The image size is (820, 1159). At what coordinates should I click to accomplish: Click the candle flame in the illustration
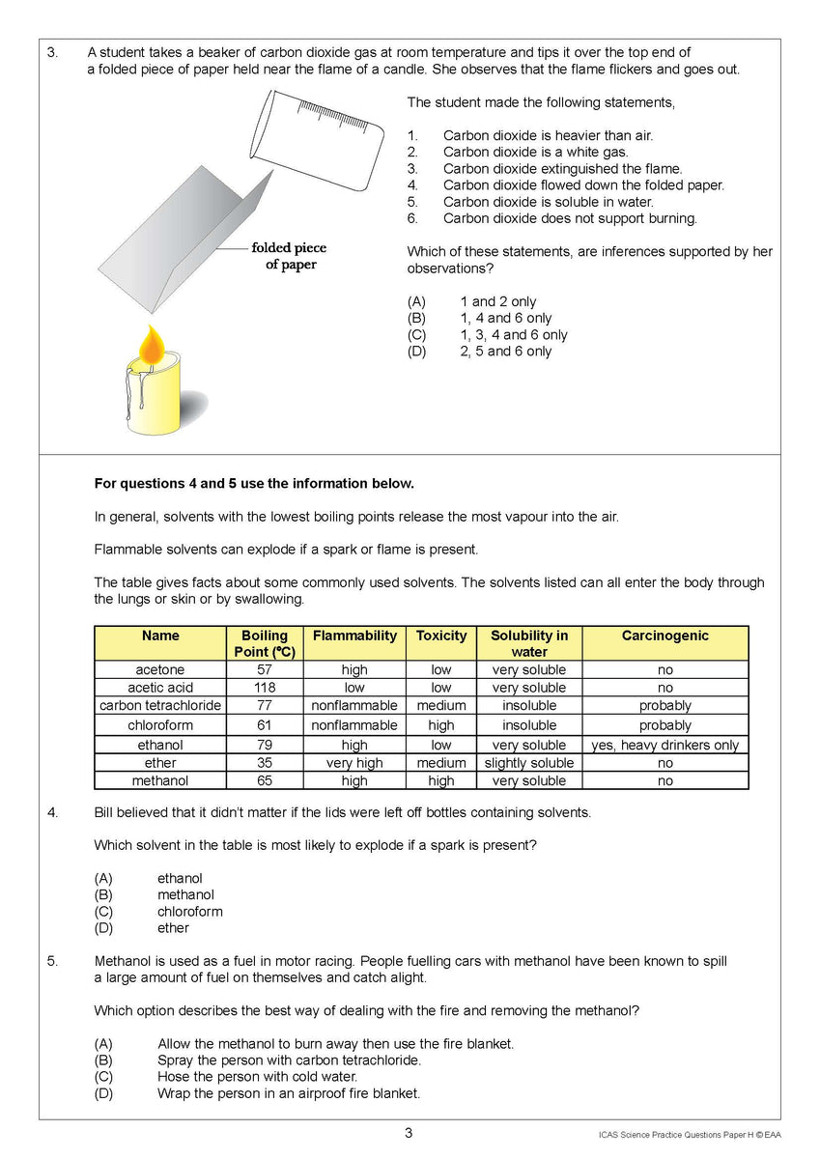point(153,344)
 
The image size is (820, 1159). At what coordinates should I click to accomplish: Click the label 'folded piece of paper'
point(290,256)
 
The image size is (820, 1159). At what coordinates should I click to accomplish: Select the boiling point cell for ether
point(264,763)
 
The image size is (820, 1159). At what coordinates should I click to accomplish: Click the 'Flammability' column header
point(354,636)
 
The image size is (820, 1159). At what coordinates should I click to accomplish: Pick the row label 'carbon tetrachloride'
point(160,706)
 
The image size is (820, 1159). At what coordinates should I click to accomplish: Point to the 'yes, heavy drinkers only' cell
point(664,745)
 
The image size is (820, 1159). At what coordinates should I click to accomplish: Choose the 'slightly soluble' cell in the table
point(529,763)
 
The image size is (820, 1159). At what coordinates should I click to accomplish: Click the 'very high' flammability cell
point(354,763)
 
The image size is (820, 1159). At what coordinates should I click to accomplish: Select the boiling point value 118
point(264,688)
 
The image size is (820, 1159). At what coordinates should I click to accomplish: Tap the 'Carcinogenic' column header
point(664,636)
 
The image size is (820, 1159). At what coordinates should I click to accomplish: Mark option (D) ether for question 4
point(173,928)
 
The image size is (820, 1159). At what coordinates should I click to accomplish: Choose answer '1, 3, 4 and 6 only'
point(513,335)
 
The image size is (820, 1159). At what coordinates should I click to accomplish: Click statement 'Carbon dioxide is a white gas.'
point(535,152)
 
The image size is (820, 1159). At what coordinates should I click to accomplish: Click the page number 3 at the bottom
point(409,1133)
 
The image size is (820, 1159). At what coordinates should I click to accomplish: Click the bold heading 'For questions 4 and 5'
point(254,483)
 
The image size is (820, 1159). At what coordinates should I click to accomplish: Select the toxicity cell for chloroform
point(440,725)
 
